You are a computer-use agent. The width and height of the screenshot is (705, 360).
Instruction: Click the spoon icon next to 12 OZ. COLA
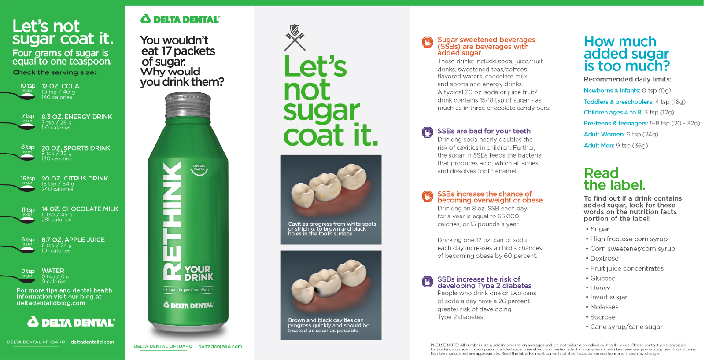[19, 96]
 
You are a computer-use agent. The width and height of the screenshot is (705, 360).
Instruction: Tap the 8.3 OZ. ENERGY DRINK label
[77, 117]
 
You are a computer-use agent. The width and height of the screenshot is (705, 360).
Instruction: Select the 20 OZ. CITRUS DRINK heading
[75, 178]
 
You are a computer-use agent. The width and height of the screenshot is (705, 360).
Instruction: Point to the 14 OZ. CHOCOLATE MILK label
[80, 209]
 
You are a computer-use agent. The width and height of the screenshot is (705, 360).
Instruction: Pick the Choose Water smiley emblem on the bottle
[199, 170]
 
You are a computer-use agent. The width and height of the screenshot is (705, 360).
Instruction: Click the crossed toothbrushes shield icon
[295, 37]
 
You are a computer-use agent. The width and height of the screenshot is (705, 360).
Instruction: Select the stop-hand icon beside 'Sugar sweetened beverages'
[428, 42]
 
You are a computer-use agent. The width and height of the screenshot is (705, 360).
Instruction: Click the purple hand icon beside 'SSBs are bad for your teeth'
[428, 132]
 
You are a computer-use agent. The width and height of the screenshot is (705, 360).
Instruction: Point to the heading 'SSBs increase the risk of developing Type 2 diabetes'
[484, 282]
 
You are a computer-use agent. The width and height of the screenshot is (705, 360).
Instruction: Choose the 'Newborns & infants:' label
[612, 91]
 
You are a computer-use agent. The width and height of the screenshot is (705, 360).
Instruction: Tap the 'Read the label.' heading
[615, 179]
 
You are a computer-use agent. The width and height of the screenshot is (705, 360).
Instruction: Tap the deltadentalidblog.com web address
[51, 303]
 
